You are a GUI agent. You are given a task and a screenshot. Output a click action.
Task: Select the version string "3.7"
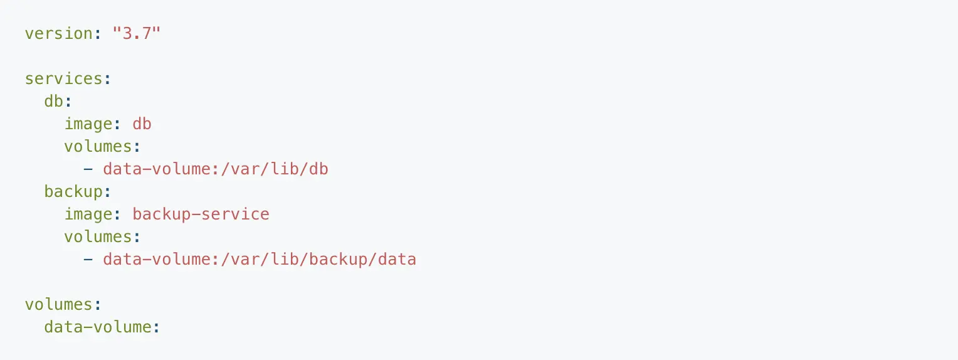coord(137,33)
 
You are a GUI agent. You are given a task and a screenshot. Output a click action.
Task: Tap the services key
coord(63,79)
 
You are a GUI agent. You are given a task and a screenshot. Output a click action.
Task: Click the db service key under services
coord(54,102)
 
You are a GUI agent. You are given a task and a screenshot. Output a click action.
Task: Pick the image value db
coord(142,124)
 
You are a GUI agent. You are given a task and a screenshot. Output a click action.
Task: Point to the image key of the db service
coord(88,124)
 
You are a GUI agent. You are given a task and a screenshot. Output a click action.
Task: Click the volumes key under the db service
coord(97,147)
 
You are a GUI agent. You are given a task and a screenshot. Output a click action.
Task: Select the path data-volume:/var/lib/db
coord(216,169)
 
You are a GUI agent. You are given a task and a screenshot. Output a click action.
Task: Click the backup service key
coord(73,192)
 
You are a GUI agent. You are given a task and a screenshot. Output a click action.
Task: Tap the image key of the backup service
coord(88,214)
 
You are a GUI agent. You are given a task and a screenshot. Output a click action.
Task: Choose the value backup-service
coord(201,214)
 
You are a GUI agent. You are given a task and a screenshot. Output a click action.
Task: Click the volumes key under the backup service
coord(97,237)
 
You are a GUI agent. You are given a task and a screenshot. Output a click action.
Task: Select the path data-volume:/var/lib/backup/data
coord(260,260)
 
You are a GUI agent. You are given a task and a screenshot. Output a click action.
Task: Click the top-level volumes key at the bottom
coord(58,305)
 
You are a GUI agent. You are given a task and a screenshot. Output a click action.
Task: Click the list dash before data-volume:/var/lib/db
coord(88,169)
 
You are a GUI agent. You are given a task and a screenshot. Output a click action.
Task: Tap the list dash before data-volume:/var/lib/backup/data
coord(88,260)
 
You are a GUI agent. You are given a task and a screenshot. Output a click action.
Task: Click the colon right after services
coord(108,79)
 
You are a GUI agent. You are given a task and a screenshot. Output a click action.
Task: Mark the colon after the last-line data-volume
coord(157,327)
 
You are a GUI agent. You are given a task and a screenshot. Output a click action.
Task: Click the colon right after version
coord(98,33)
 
